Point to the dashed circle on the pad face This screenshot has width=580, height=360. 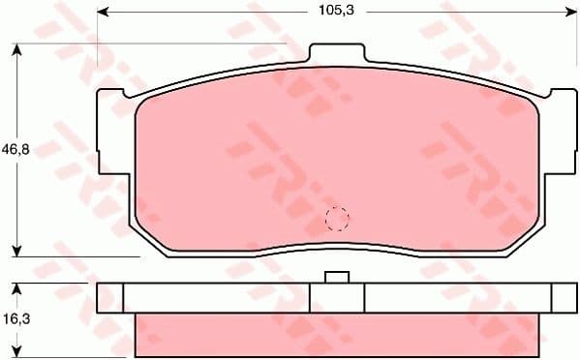tap(336, 220)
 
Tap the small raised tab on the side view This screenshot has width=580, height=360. tap(336, 279)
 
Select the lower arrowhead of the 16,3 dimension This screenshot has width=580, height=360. tap(16, 353)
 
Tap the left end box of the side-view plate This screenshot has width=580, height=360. tap(110, 297)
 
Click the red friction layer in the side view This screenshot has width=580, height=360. tap(336, 333)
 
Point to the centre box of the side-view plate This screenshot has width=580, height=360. tap(336, 297)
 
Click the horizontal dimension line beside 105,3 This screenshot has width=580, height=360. tap(213, 13)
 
